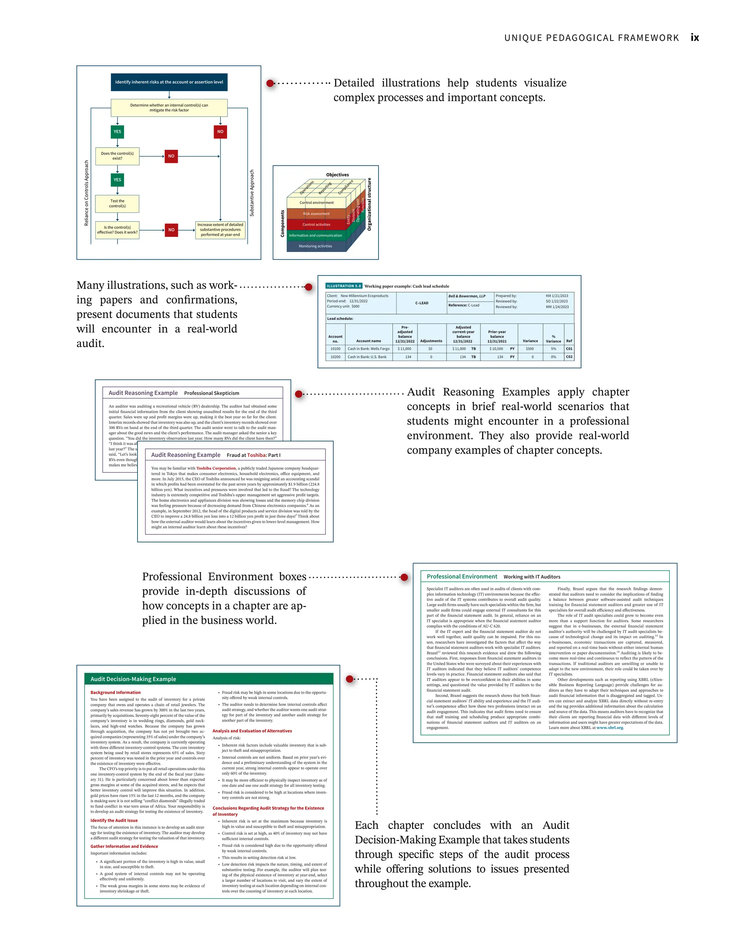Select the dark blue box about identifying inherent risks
[x=169, y=82]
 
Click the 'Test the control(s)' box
[x=117, y=203]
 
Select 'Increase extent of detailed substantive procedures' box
[x=220, y=230]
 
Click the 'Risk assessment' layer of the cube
[x=316, y=214]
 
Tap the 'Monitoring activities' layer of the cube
[x=315, y=246]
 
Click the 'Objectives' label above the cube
[x=337, y=175]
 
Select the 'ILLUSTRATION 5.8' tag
[x=344, y=286]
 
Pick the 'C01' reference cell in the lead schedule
[x=569, y=349]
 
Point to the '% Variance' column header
[x=553, y=339]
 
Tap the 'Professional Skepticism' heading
[x=212, y=393]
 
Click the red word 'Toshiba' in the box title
[x=256, y=455]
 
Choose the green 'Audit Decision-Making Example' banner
[x=209, y=679]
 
